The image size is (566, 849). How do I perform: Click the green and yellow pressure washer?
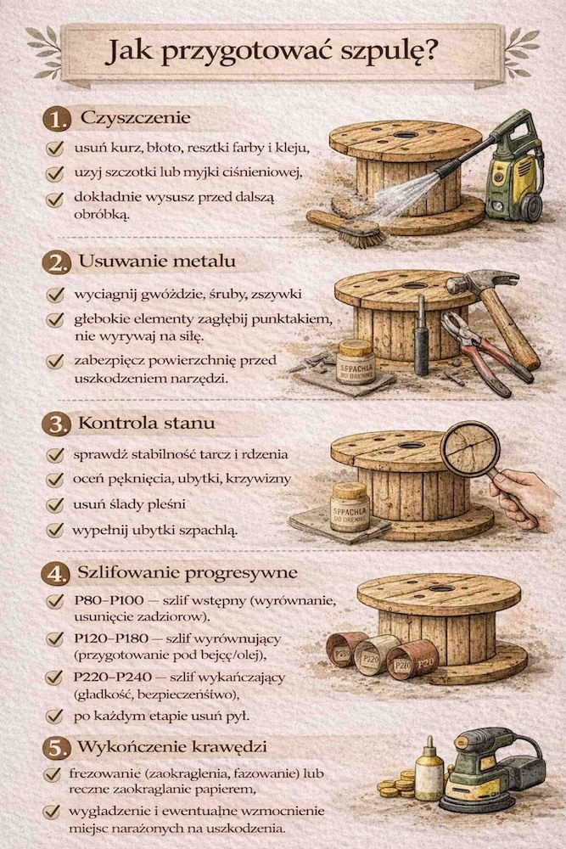pyautogui.click(x=513, y=170)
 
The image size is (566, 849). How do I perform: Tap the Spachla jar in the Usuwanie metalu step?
pyautogui.click(x=355, y=360)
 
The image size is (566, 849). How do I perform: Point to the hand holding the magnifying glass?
pyautogui.click(x=522, y=496)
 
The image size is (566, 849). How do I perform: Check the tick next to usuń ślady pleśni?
pyautogui.click(x=56, y=504)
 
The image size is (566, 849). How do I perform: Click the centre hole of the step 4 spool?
pyautogui.click(x=440, y=587)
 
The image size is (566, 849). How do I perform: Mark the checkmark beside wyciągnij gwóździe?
pyautogui.click(x=56, y=295)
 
